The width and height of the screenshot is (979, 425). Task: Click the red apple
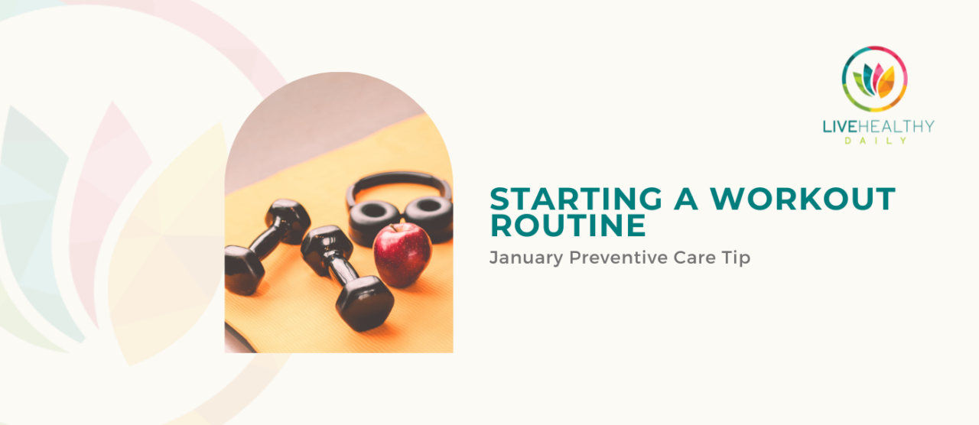click(x=402, y=255)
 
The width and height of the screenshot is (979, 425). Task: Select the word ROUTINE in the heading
click(x=568, y=225)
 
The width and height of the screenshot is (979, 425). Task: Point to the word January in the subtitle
click(x=526, y=258)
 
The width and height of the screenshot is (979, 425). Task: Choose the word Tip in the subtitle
click(x=737, y=258)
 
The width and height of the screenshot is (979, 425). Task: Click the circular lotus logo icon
click(x=874, y=79)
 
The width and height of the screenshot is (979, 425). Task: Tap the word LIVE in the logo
click(x=840, y=127)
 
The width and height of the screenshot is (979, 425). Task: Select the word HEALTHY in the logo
click(x=896, y=127)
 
